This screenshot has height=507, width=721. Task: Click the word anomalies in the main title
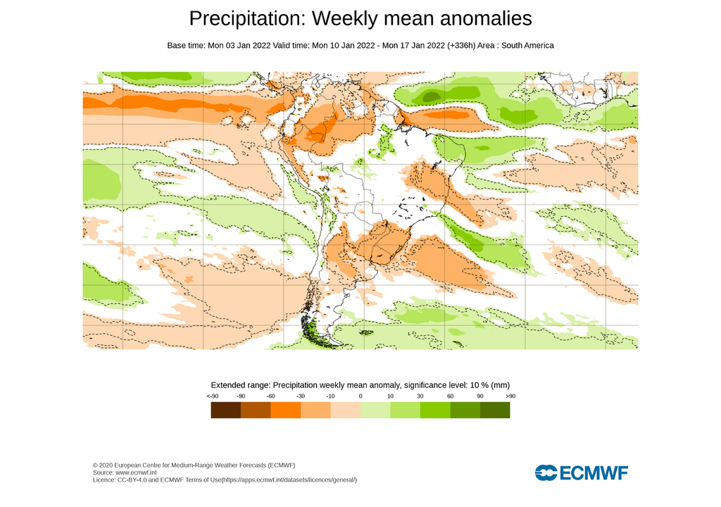click(x=478, y=18)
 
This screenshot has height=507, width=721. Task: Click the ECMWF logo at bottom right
click(x=581, y=472)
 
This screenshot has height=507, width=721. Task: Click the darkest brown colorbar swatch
click(x=226, y=411)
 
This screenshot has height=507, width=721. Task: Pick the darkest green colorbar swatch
click(x=495, y=411)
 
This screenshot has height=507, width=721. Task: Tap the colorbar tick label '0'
click(x=360, y=396)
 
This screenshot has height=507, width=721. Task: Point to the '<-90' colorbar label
click(x=211, y=396)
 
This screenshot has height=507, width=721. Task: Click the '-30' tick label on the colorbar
click(x=301, y=396)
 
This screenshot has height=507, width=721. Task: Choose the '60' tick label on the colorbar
click(x=450, y=396)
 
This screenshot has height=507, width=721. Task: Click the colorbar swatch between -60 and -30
click(x=286, y=411)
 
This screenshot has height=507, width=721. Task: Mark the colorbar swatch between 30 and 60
click(x=435, y=411)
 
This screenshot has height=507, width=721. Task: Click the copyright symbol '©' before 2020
click(x=95, y=465)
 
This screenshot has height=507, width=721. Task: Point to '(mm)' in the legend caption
click(x=501, y=385)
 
